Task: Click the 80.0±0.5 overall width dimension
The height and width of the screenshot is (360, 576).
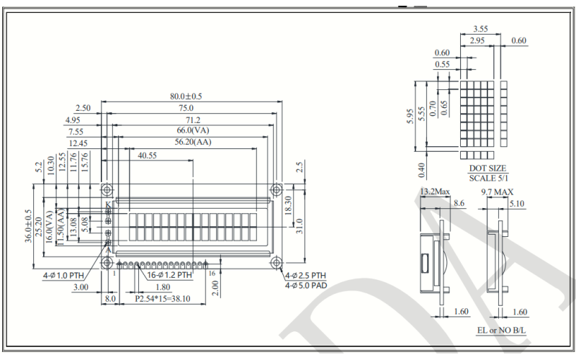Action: [186, 96]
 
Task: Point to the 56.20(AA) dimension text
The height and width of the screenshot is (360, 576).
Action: [193, 143]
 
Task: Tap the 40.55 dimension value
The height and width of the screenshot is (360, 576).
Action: [148, 155]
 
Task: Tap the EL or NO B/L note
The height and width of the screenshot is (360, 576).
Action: [502, 330]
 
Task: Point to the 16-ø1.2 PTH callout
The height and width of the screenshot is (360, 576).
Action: [170, 274]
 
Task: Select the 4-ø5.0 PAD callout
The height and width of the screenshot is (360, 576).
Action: [305, 286]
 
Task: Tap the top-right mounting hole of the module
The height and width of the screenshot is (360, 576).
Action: [276, 190]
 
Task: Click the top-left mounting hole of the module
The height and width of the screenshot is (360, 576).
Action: [107, 190]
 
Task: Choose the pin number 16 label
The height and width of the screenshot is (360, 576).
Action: [212, 273]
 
